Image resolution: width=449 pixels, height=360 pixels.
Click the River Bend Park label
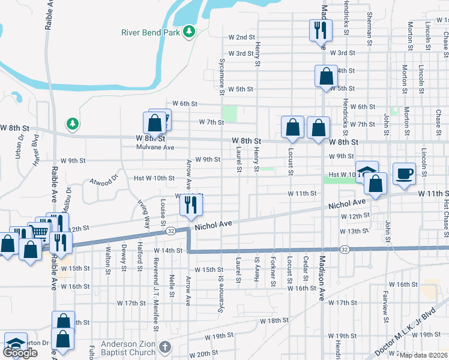coord(150,32)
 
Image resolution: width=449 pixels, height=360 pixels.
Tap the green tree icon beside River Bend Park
coord(190,31)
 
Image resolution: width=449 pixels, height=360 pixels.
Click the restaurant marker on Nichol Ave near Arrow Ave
coord(191,205)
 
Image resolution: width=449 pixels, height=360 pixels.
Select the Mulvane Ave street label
coord(155,147)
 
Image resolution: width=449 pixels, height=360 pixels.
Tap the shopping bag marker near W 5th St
coord(326,76)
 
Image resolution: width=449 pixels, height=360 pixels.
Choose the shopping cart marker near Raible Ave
coord(40,230)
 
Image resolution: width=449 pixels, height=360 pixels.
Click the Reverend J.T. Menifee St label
coord(155,300)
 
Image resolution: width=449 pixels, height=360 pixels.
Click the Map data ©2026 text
coord(424,355)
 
